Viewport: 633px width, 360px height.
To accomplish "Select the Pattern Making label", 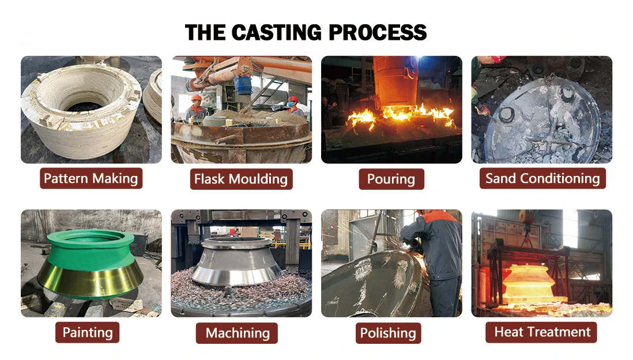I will tap(91, 178).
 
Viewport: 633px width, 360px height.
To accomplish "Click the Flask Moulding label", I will tap(241, 179).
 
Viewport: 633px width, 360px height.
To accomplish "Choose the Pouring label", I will tap(391, 179).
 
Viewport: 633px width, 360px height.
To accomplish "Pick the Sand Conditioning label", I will tap(542, 178).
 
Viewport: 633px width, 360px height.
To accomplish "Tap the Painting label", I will tap(88, 332).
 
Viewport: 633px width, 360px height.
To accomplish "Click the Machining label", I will tap(238, 333).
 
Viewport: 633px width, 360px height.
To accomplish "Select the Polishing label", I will tap(388, 333).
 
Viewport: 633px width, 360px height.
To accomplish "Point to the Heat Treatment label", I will tap(542, 332).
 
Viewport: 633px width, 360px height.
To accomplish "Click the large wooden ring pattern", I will tap(81, 110).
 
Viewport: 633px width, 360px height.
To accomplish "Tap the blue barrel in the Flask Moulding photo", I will tap(244, 85).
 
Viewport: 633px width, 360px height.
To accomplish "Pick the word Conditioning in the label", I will tap(559, 178).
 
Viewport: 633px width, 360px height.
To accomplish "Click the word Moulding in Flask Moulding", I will tap(258, 179).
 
